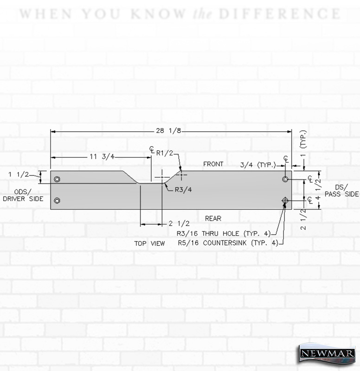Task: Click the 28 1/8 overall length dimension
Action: [x=168, y=131]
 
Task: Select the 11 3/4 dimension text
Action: [x=102, y=157]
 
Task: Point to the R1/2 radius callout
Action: [x=165, y=153]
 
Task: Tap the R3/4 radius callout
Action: [x=183, y=190]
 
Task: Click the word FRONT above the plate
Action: [x=213, y=164]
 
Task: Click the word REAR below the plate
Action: [x=213, y=218]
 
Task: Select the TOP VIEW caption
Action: [x=149, y=243]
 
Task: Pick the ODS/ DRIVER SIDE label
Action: [x=23, y=195]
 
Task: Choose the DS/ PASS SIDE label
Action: [x=341, y=191]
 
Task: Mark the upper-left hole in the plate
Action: [x=57, y=179]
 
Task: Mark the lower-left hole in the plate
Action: [x=57, y=201]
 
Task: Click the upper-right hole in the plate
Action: [x=285, y=179]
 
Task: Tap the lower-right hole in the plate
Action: [x=285, y=201]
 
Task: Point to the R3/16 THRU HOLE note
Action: [x=224, y=234]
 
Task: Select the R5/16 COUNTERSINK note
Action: [x=228, y=243]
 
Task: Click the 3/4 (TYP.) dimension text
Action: [x=258, y=165]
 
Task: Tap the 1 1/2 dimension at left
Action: [x=19, y=175]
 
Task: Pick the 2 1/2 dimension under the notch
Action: [x=179, y=224]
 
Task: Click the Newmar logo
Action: [x=327, y=353]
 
